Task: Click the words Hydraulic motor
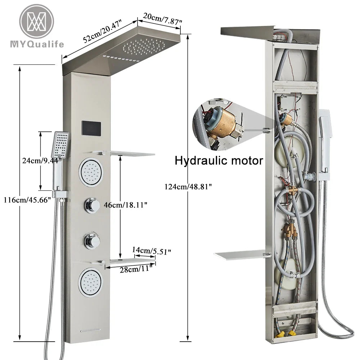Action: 219,161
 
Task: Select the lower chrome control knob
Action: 92,240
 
